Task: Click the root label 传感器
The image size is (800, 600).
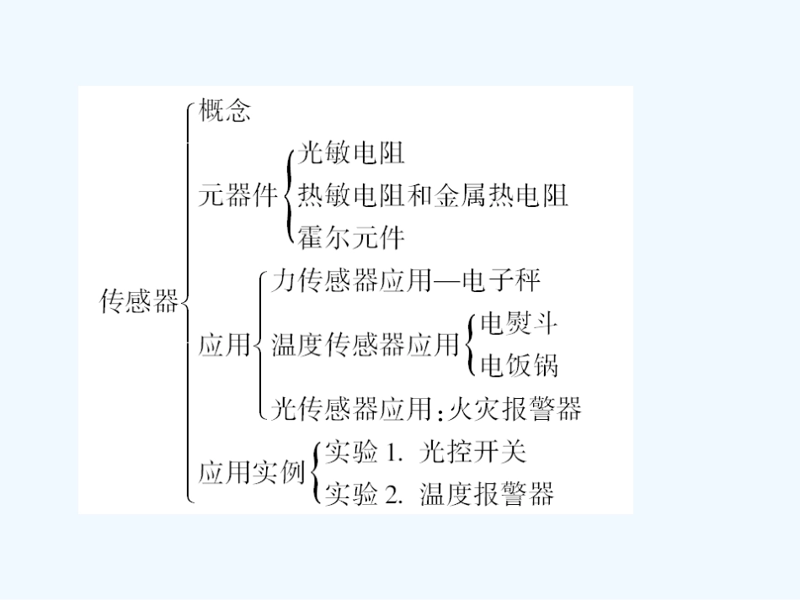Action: pos(140,301)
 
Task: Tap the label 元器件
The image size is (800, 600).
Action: pos(238,196)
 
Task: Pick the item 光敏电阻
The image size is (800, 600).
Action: pos(351,153)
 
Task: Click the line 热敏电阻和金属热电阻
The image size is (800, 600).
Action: pos(434,195)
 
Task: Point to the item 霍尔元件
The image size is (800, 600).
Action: pos(351,238)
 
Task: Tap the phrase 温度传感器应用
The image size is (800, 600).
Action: pos(365,345)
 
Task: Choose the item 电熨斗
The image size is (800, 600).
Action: pos(518,323)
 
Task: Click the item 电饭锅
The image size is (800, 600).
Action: pos(518,365)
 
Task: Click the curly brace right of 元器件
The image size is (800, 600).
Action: pos(289,195)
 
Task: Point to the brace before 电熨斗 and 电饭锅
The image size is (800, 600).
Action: pos(469,344)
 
